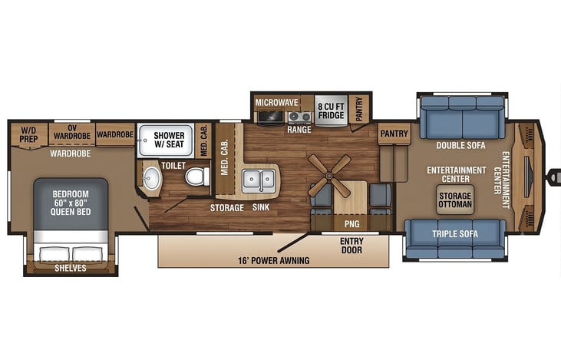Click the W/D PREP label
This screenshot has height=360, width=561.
tap(28, 134)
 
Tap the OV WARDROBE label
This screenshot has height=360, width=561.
tap(72, 132)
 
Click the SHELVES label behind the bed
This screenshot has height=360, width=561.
tap(71, 268)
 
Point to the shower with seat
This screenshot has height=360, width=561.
tap(166, 140)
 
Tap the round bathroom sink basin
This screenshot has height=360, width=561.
tap(151, 178)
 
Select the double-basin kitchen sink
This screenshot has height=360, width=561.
tap(259, 180)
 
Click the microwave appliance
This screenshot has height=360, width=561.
tap(270, 117)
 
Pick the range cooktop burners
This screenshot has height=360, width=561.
tap(300, 117)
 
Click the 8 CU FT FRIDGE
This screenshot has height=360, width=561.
tap(331, 111)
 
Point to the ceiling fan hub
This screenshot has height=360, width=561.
tap(329, 176)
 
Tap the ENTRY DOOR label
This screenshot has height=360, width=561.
tap(351, 246)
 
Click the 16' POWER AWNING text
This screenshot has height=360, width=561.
tap(274, 260)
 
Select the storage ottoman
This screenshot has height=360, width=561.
tap(455, 200)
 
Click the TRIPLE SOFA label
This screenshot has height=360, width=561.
tap(455, 234)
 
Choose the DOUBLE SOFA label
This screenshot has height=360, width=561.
tap(460, 145)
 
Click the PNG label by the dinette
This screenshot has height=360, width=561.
tap(351, 224)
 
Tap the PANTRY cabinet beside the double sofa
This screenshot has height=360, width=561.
tap(394, 134)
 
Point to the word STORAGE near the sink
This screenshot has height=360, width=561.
tap(227, 208)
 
